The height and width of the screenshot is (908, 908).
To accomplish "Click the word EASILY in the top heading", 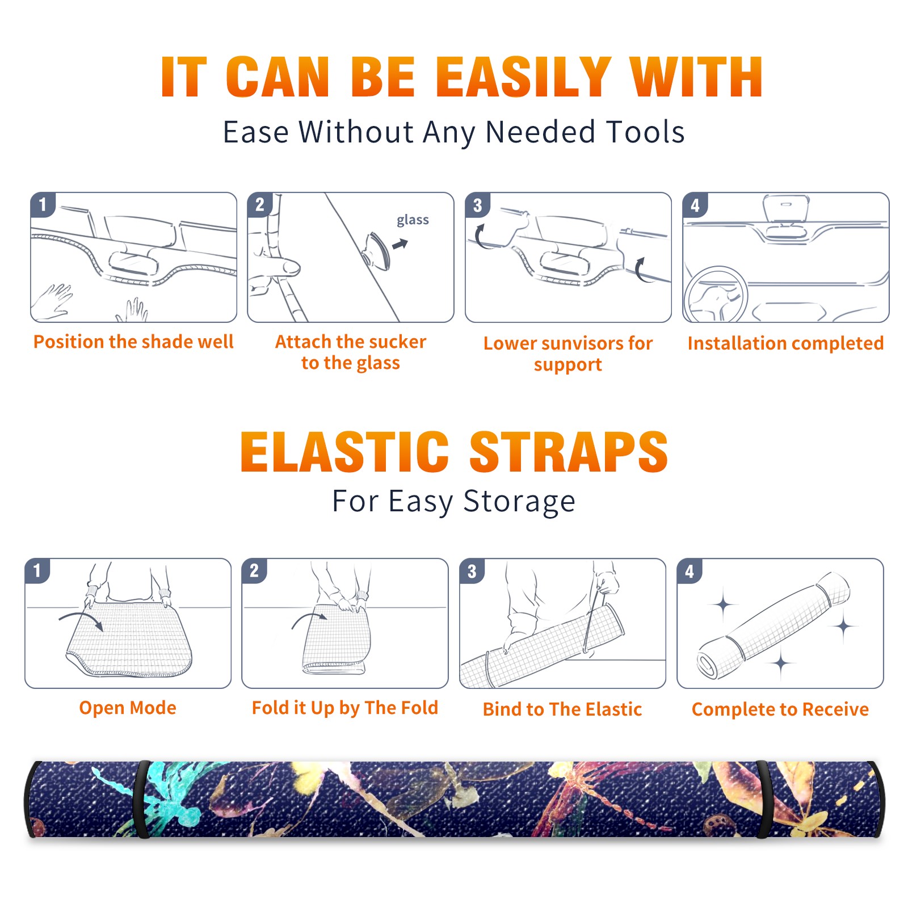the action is point(523,77).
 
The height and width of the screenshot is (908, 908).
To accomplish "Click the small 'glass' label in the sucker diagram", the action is point(413,220).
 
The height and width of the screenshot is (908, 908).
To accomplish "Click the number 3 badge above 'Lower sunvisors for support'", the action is point(477,205).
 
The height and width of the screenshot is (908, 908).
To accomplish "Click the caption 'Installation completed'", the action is point(785,343).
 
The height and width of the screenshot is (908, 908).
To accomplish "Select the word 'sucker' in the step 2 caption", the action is point(397,342).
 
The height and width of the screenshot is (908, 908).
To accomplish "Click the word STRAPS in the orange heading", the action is point(569,452).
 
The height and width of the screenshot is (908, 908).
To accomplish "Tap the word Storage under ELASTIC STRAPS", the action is point(519,502).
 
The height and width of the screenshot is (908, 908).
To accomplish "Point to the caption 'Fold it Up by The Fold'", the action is point(345,708).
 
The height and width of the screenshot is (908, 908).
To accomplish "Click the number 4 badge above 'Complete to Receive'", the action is point(689,571).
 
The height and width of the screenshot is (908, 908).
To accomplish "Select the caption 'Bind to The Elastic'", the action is point(562,709).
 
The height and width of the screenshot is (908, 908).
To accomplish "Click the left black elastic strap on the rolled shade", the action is point(142,799).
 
